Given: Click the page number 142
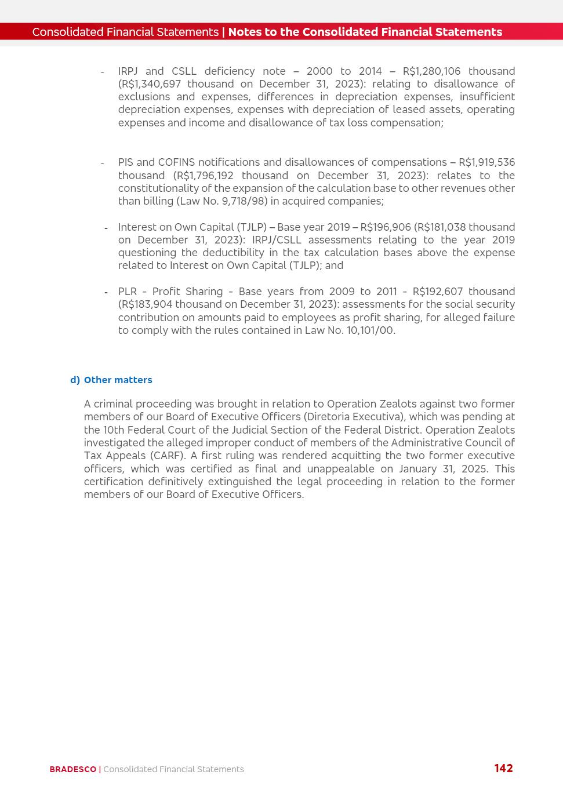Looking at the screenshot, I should tap(503, 768).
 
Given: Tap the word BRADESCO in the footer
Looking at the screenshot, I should tap(72, 769).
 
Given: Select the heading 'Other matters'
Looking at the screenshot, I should tap(118, 380).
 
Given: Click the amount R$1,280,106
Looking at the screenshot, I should tap(431, 71).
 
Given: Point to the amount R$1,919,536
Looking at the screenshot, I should tap(486, 162).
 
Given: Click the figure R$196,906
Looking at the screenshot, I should tap(385, 227).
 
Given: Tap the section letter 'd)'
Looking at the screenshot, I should tap(75, 380).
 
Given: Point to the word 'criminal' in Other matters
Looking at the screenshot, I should tap(114, 404).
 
